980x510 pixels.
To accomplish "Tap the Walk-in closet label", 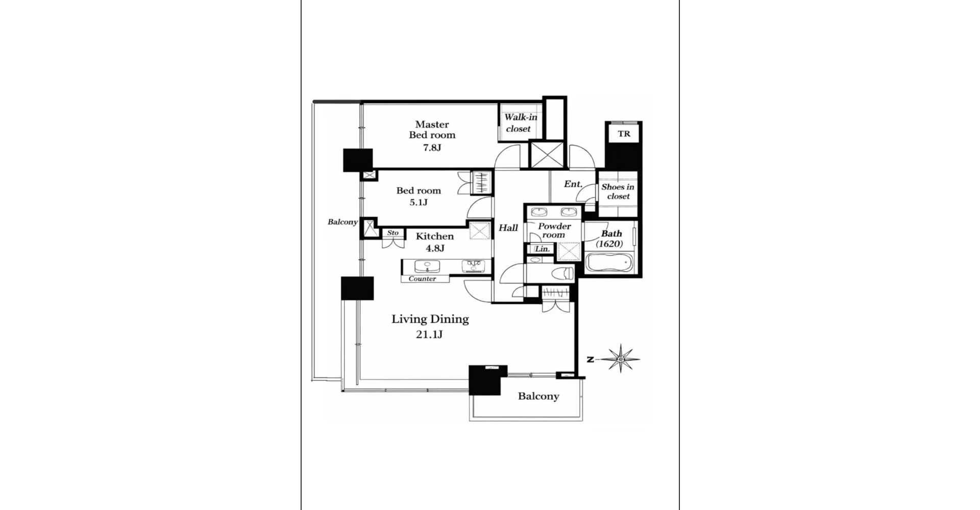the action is pos(520,123).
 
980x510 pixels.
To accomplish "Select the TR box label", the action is pos(624,134).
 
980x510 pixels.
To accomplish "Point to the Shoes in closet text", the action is pos(618,191).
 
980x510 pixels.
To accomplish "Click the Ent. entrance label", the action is pos(573,184).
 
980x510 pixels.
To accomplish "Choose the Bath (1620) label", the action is pos(610,239).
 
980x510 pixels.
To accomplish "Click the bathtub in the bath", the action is pos(609,264).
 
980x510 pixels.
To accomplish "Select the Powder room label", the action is pos(554,231).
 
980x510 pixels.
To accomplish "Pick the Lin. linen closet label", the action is pos(543,249).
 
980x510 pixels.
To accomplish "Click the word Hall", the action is pos(508,228).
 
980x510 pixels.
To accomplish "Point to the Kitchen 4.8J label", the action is pos(435,242).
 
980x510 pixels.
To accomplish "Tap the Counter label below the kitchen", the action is pos(422,279).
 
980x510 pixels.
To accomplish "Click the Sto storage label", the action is pos(393,233).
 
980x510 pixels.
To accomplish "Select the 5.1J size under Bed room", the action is pos(419,202).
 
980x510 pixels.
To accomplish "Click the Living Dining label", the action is pos(430,319).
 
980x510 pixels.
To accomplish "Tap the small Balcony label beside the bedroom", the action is pos(342,222).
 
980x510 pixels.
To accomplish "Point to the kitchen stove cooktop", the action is pos(472,266).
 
